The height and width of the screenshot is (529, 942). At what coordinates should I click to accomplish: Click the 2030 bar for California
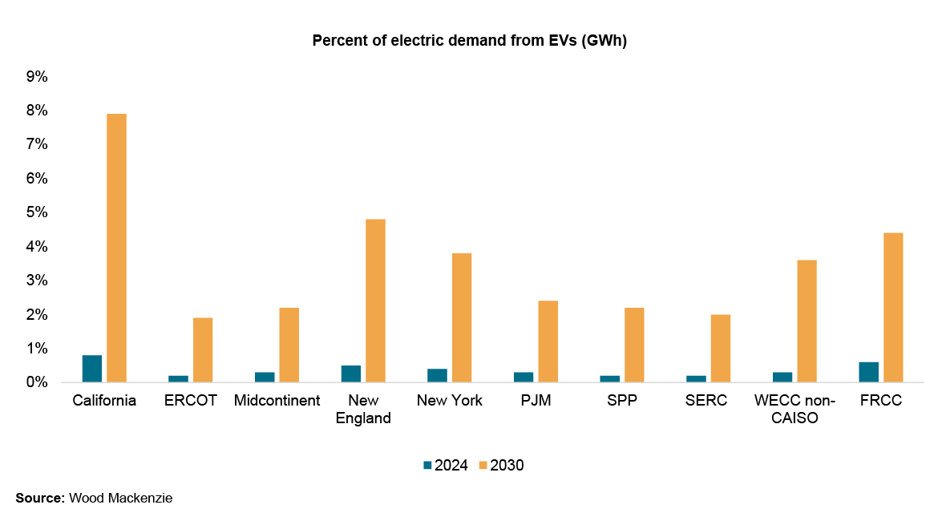(x=116, y=248)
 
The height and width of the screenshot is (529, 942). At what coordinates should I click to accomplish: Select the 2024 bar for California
(x=92, y=369)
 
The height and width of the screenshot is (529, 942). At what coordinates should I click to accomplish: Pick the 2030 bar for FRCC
(x=893, y=307)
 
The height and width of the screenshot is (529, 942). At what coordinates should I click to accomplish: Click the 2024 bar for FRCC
(x=868, y=372)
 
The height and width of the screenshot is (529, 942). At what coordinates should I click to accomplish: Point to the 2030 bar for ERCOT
(x=203, y=349)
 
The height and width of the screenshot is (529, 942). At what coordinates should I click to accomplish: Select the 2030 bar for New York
(x=462, y=317)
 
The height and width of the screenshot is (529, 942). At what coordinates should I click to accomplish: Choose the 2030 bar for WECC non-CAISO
(x=807, y=321)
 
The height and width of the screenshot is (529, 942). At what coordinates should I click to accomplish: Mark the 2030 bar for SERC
(x=720, y=348)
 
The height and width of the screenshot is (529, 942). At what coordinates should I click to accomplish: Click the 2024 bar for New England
(x=351, y=374)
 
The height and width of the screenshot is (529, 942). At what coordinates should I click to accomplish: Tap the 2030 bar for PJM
(x=548, y=341)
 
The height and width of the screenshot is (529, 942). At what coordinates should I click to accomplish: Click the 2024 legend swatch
(x=427, y=465)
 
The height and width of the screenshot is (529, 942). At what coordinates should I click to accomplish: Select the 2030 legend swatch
(x=483, y=465)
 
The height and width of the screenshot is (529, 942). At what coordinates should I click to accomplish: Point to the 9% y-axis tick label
(x=38, y=77)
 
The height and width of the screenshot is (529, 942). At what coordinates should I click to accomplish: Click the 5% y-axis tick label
(x=38, y=212)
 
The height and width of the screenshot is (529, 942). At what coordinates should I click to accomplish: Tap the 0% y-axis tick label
(x=38, y=382)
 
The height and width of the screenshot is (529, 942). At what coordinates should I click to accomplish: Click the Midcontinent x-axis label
(x=277, y=401)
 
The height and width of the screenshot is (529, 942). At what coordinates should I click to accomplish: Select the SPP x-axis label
(x=622, y=401)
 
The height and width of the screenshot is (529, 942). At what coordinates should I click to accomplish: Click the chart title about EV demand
(x=469, y=42)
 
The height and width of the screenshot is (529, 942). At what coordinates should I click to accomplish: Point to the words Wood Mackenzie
(x=121, y=499)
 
